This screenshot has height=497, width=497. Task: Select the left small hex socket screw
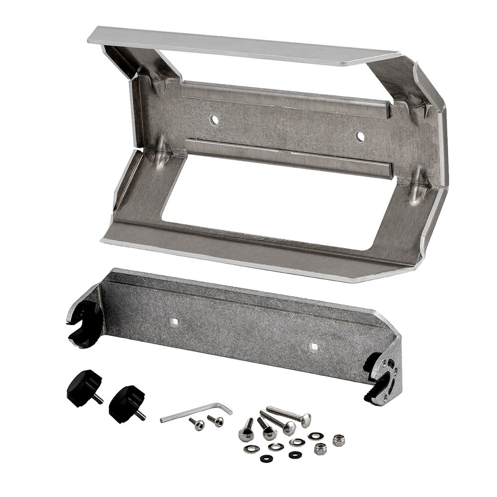[x=197, y=424]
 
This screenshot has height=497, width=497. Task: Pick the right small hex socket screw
[x=216, y=421]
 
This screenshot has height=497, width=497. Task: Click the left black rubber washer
[x=266, y=458]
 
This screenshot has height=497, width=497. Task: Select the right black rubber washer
[x=295, y=454]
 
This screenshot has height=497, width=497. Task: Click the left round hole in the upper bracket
[x=214, y=120]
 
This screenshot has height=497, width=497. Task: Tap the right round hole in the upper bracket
[x=360, y=136]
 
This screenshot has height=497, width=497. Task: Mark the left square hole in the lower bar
[x=174, y=322]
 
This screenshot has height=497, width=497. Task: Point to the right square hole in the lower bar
[x=312, y=346]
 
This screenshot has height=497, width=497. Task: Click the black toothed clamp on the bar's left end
[x=83, y=323]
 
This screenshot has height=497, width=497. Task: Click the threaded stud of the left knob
[x=99, y=399]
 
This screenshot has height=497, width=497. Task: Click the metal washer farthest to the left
[x=251, y=449]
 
